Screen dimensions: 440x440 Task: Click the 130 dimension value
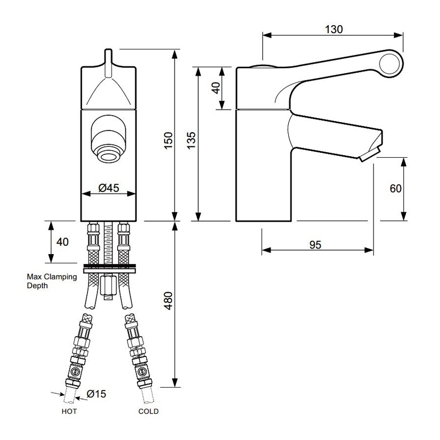[333, 30]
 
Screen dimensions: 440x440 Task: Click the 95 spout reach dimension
[315, 245]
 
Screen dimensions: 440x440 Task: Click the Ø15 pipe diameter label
[96, 394]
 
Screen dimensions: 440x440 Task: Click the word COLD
[148, 411]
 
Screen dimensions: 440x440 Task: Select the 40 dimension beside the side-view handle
[216, 88]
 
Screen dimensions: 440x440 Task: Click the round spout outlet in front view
[108, 155]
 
